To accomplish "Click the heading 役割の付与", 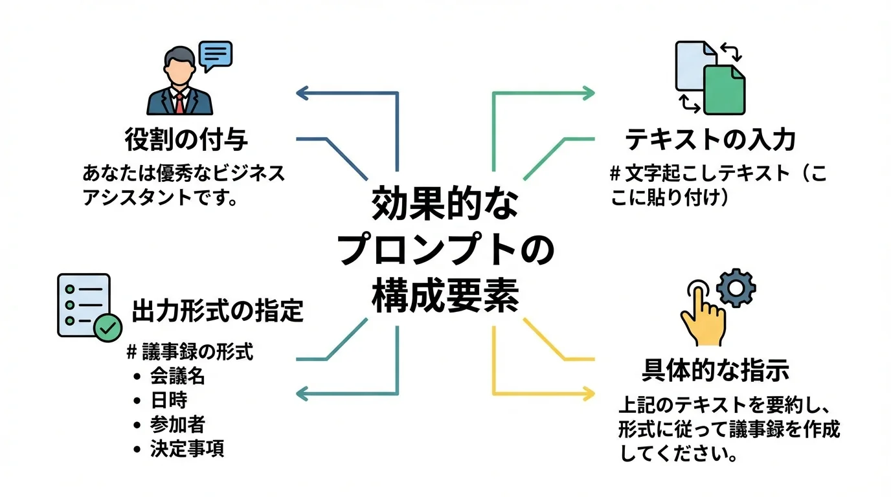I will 186,138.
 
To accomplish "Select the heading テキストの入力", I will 710,138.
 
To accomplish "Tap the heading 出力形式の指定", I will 218,311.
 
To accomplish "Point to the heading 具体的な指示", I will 715,370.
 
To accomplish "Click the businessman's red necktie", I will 179,102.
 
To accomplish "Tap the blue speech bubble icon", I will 215,55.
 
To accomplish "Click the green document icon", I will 724,89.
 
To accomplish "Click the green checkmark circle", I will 107,329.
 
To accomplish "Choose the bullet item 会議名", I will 177,375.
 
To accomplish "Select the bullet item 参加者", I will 177,425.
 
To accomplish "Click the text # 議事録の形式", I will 190,352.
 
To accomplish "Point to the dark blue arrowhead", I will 302,93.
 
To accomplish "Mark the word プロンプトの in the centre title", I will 446,252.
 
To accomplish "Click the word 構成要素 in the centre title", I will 446,296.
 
